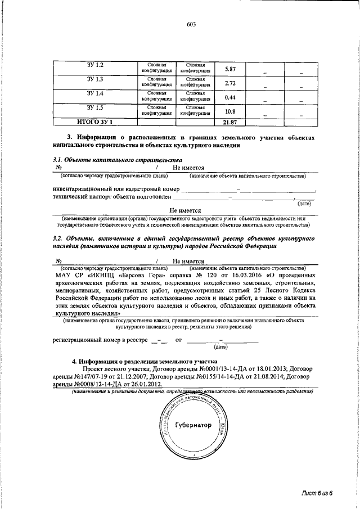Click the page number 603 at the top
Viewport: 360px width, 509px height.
point(191,24)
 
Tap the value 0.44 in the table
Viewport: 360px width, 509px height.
point(229,97)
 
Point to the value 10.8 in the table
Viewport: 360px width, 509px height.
point(229,111)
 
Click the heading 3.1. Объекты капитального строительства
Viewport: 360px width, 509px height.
point(100,160)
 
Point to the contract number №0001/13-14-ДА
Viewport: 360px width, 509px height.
point(210,370)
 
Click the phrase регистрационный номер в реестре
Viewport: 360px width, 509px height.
point(100,340)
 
